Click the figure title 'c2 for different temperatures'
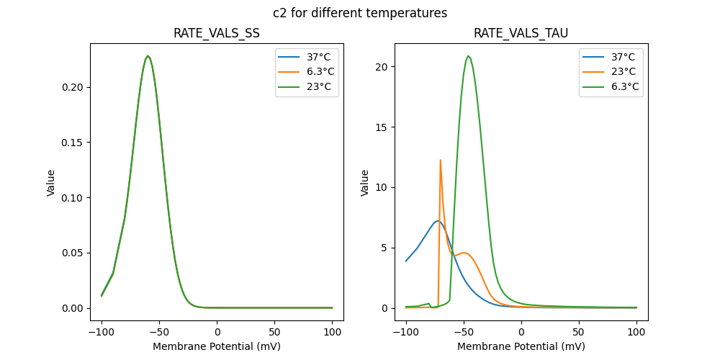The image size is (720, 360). (360, 13)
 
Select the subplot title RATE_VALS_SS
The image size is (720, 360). (217, 33)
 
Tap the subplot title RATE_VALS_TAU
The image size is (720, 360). (521, 33)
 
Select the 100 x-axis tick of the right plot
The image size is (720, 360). (636, 333)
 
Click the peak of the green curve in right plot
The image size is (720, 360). (468, 55)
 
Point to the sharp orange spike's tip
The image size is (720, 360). (440, 160)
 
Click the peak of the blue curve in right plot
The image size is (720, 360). (437, 221)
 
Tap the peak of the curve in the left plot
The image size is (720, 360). (148, 56)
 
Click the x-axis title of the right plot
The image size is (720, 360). (521, 346)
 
